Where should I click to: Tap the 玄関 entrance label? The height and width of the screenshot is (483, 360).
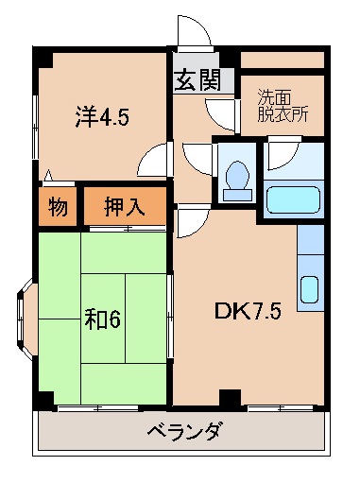pos(197,80)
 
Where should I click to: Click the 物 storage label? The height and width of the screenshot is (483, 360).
pos(58,207)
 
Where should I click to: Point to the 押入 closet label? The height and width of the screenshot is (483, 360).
pos(124,207)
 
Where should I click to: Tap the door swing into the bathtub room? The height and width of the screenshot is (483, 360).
pos(282,154)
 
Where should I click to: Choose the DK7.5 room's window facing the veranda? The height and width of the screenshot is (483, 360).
pos(280,407)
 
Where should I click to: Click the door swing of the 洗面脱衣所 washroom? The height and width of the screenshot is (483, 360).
pos(223,115)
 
